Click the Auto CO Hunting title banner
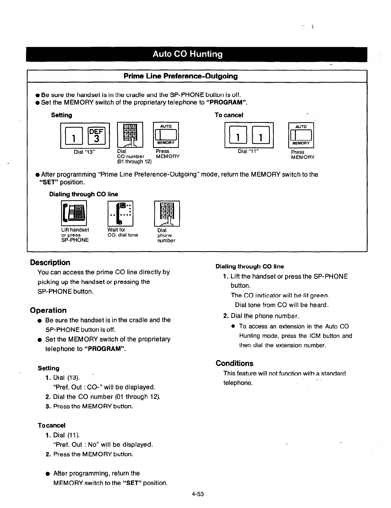188,54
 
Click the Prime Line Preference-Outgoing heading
180,76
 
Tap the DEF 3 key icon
96,135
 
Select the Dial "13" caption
85,152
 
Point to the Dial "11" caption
248,151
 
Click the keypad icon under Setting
130,135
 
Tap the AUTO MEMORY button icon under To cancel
301,135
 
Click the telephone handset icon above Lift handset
73,213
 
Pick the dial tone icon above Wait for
120,213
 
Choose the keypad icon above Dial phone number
167,213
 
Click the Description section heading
50,263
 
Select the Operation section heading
48,311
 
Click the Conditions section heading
234,364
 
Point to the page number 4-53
198,494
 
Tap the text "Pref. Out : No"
74,445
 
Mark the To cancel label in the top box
229,115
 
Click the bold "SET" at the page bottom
132,483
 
